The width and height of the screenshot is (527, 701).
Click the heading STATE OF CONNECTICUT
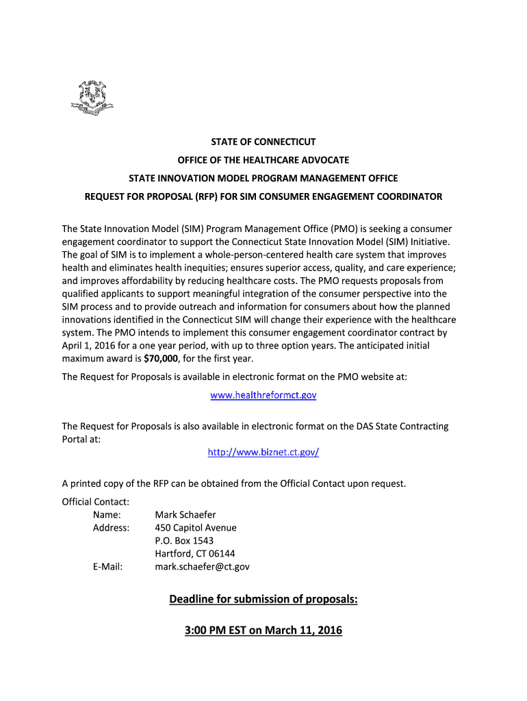coord(263,142)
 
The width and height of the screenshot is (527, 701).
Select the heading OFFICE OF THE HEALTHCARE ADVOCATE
coord(263,160)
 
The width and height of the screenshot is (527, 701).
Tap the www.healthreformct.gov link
coord(263,395)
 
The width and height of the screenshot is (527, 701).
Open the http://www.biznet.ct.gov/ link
coord(263,452)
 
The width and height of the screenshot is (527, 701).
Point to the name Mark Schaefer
coord(185,514)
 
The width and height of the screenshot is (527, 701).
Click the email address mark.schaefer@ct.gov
coord(202,566)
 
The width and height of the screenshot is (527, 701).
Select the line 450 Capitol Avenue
coord(196,527)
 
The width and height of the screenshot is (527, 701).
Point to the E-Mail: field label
coord(107,566)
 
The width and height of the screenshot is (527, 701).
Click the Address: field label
coord(111,527)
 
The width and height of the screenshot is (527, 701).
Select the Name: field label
coord(107,514)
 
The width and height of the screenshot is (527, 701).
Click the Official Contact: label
coord(96,501)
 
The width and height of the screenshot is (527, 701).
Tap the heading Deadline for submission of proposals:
coord(263,600)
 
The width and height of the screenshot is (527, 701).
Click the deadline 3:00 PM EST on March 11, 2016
coord(263,630)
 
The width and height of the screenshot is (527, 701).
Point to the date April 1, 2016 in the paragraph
coord(90,346)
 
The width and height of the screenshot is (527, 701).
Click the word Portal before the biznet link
coord(76,439)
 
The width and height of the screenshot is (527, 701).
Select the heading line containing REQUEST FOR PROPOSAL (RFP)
coord(263,196)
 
